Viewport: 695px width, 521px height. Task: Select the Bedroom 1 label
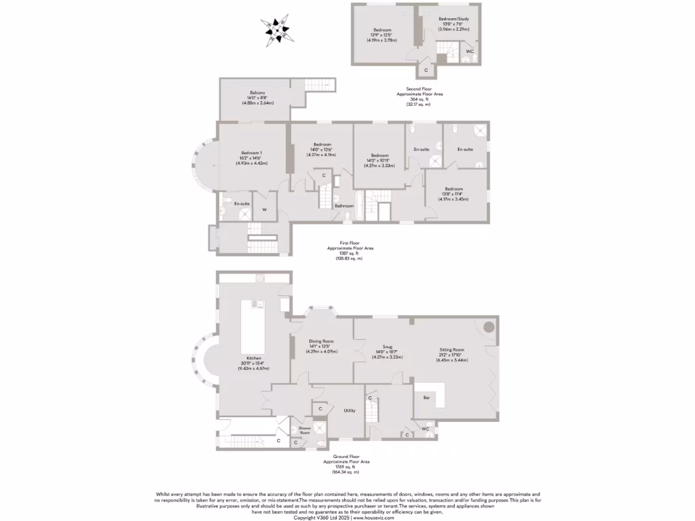coord(251,153)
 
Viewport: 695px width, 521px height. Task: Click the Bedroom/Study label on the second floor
coord(449,19)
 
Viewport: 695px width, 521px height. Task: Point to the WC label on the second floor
coord(470,52)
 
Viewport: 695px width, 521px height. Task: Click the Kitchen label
coord(255,358)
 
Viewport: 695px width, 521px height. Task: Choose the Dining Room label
coord(321,342)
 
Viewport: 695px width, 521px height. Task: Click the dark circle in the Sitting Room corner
coord(489,327)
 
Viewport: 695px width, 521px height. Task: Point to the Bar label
coord(426,397)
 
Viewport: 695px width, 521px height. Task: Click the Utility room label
coord(350,410)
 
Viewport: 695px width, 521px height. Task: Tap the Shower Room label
coord(304,429)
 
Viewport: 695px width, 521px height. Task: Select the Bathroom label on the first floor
coord(344,206)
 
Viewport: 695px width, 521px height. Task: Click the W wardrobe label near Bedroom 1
coord(264,210)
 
